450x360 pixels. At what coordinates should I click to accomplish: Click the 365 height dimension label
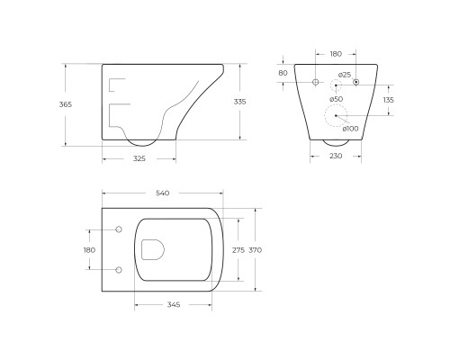click(64, 104)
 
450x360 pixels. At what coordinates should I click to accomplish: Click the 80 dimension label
click(283, 73)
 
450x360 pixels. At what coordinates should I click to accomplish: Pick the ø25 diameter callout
click(345, 74)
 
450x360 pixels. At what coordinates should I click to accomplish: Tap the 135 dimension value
click(389, 100)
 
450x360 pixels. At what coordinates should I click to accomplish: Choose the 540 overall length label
click(163, 193)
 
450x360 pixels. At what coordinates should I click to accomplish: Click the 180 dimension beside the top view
click(89, 250)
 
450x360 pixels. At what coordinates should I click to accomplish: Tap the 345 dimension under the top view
click(174, 305)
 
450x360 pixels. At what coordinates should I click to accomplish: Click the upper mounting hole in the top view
click(118, 231)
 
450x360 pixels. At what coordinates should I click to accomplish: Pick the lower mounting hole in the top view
click(118, 269)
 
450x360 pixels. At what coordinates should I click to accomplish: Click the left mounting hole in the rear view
click(315, 83)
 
